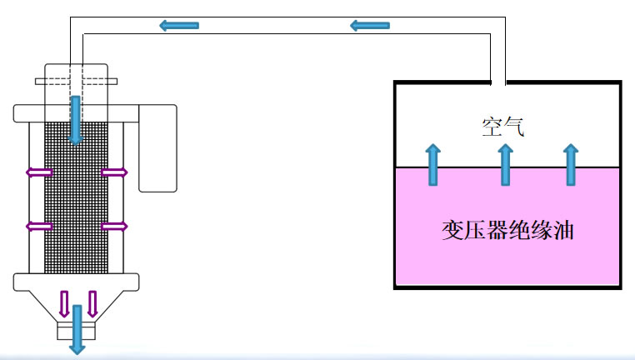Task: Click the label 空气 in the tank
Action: point(502,127)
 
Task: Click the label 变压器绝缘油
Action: point(507,231)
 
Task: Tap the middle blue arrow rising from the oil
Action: point(505,163)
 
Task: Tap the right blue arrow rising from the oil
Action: point(571,163)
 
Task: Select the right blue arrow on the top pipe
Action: point(369,25)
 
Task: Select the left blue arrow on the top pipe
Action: point(178,25)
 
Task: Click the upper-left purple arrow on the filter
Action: point(39,172)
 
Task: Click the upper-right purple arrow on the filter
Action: point(114,172)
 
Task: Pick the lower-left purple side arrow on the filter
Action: point(39,226)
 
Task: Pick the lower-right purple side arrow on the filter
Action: point(114,226)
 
